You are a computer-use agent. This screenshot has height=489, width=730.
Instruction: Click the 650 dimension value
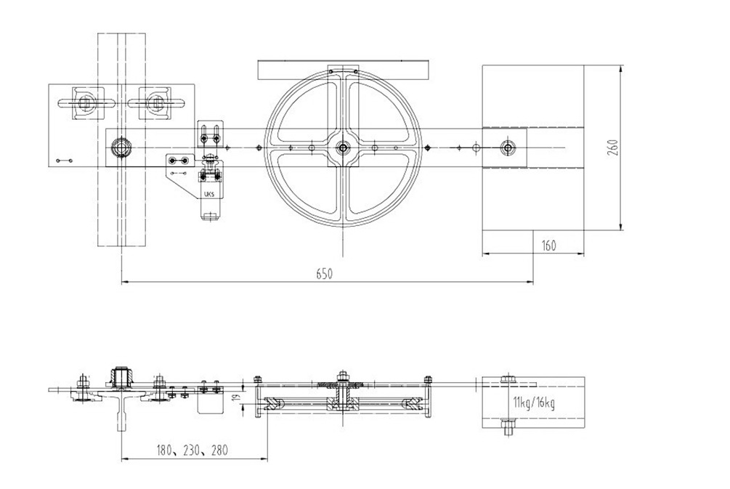pos(325,274)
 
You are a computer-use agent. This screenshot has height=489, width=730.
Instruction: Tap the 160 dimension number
pos(549,246)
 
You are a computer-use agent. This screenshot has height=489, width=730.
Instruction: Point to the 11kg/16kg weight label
pos(534,402)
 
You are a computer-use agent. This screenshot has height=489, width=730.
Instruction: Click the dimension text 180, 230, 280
pos(192,450)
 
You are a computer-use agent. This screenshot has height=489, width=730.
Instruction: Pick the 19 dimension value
pos(236,397)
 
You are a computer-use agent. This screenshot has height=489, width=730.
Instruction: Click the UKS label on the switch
pos(209,194)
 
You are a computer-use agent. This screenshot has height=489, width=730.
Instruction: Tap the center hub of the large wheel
pos(343,148)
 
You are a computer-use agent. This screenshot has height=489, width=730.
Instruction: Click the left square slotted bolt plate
pos(85,102)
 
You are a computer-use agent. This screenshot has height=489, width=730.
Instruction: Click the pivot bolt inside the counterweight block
pos(508,148)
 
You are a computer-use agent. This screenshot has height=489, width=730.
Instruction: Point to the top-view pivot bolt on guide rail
pos(122,148)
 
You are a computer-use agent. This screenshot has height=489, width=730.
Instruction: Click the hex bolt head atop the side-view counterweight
pos(508,379)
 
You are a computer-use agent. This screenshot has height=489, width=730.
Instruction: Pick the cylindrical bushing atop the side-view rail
pos(121,377)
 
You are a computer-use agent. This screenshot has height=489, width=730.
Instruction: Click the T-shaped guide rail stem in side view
pos(121,415)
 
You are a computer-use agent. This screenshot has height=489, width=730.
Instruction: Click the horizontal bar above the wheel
pos(343,70)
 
